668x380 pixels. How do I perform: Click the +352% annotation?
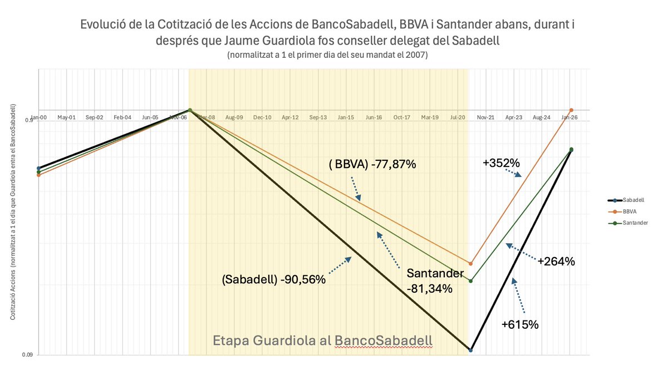(x=501, y=164)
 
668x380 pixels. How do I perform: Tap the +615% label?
(x=520, y=325)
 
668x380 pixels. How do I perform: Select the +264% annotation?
(x=556, y=260)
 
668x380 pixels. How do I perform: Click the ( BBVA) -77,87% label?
(x=373, y=165)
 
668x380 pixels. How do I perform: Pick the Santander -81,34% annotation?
(x=435, y=281)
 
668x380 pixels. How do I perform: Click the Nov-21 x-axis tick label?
(x=485, y=118)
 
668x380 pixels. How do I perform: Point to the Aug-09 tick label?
(x=234, y=118)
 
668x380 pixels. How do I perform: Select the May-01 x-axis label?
(x=66, y=118)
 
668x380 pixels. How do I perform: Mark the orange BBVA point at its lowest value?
(x=470, y=264)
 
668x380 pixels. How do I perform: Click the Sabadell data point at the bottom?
(x=471, y=351)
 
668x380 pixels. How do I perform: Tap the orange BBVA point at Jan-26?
(x=571, y=110)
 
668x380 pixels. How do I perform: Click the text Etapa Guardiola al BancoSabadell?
(x=323, y=340)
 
